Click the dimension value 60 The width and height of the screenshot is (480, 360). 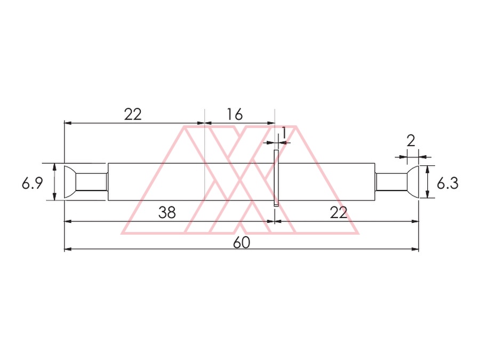pyautogui.click(x=242, y=243)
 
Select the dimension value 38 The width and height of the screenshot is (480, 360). pyautogui.click(x=167, y=212)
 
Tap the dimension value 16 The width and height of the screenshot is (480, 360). pyautogui.click(x=235, y=115)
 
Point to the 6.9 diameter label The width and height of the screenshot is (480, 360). pyautogui.click(x=32, y=183)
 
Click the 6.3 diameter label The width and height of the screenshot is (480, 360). pyautogui.click(x=447, y=183)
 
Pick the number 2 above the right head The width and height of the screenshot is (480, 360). pyautogui.click(x=411, y=141)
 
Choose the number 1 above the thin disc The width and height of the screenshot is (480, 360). pyautogui.click(x=284, y=133)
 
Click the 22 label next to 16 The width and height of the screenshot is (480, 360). pyautogui.click(x=133, y=115)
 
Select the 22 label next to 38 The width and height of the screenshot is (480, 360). pyautogui.click(x=339, y=212)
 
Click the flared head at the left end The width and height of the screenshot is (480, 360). pyautogui.click(x=70, y=182)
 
